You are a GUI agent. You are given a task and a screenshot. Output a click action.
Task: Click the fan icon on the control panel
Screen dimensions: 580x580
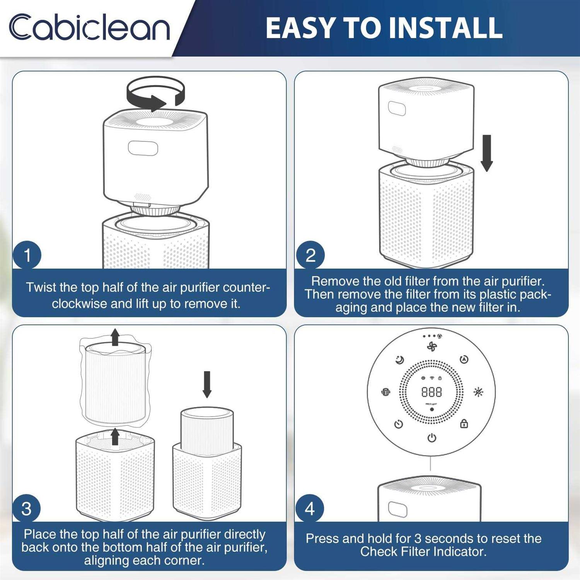432,346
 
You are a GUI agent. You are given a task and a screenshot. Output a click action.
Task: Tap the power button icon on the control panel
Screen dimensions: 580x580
432,438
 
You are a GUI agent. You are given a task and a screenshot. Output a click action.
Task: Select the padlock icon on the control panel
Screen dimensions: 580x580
464,424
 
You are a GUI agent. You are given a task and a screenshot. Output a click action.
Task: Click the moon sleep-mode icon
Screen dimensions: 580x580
399,360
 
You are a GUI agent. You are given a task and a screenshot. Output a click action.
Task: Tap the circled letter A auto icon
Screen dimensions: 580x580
464,360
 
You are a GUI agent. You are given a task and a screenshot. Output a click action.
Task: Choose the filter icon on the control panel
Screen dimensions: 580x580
386,392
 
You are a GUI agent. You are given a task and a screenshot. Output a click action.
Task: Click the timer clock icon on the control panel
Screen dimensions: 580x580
399,424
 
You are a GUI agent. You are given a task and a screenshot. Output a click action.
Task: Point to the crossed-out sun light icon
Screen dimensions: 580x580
478,392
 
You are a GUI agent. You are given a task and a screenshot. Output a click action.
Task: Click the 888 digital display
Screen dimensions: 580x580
432,392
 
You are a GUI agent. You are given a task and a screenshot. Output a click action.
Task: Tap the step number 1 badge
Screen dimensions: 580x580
27,255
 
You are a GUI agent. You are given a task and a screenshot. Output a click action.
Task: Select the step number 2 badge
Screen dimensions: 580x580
310,255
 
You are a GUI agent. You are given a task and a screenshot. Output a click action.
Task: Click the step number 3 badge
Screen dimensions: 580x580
26,509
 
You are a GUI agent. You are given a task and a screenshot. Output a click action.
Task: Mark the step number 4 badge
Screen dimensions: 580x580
309,509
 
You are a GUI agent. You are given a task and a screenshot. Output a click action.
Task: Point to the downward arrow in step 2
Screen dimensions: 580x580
487,153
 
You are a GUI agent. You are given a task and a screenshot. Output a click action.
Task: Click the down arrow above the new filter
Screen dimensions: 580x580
207,384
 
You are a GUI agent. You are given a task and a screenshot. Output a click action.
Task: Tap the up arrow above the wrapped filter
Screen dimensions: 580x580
115,337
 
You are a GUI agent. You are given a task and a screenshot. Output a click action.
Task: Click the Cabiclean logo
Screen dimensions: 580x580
89,27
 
